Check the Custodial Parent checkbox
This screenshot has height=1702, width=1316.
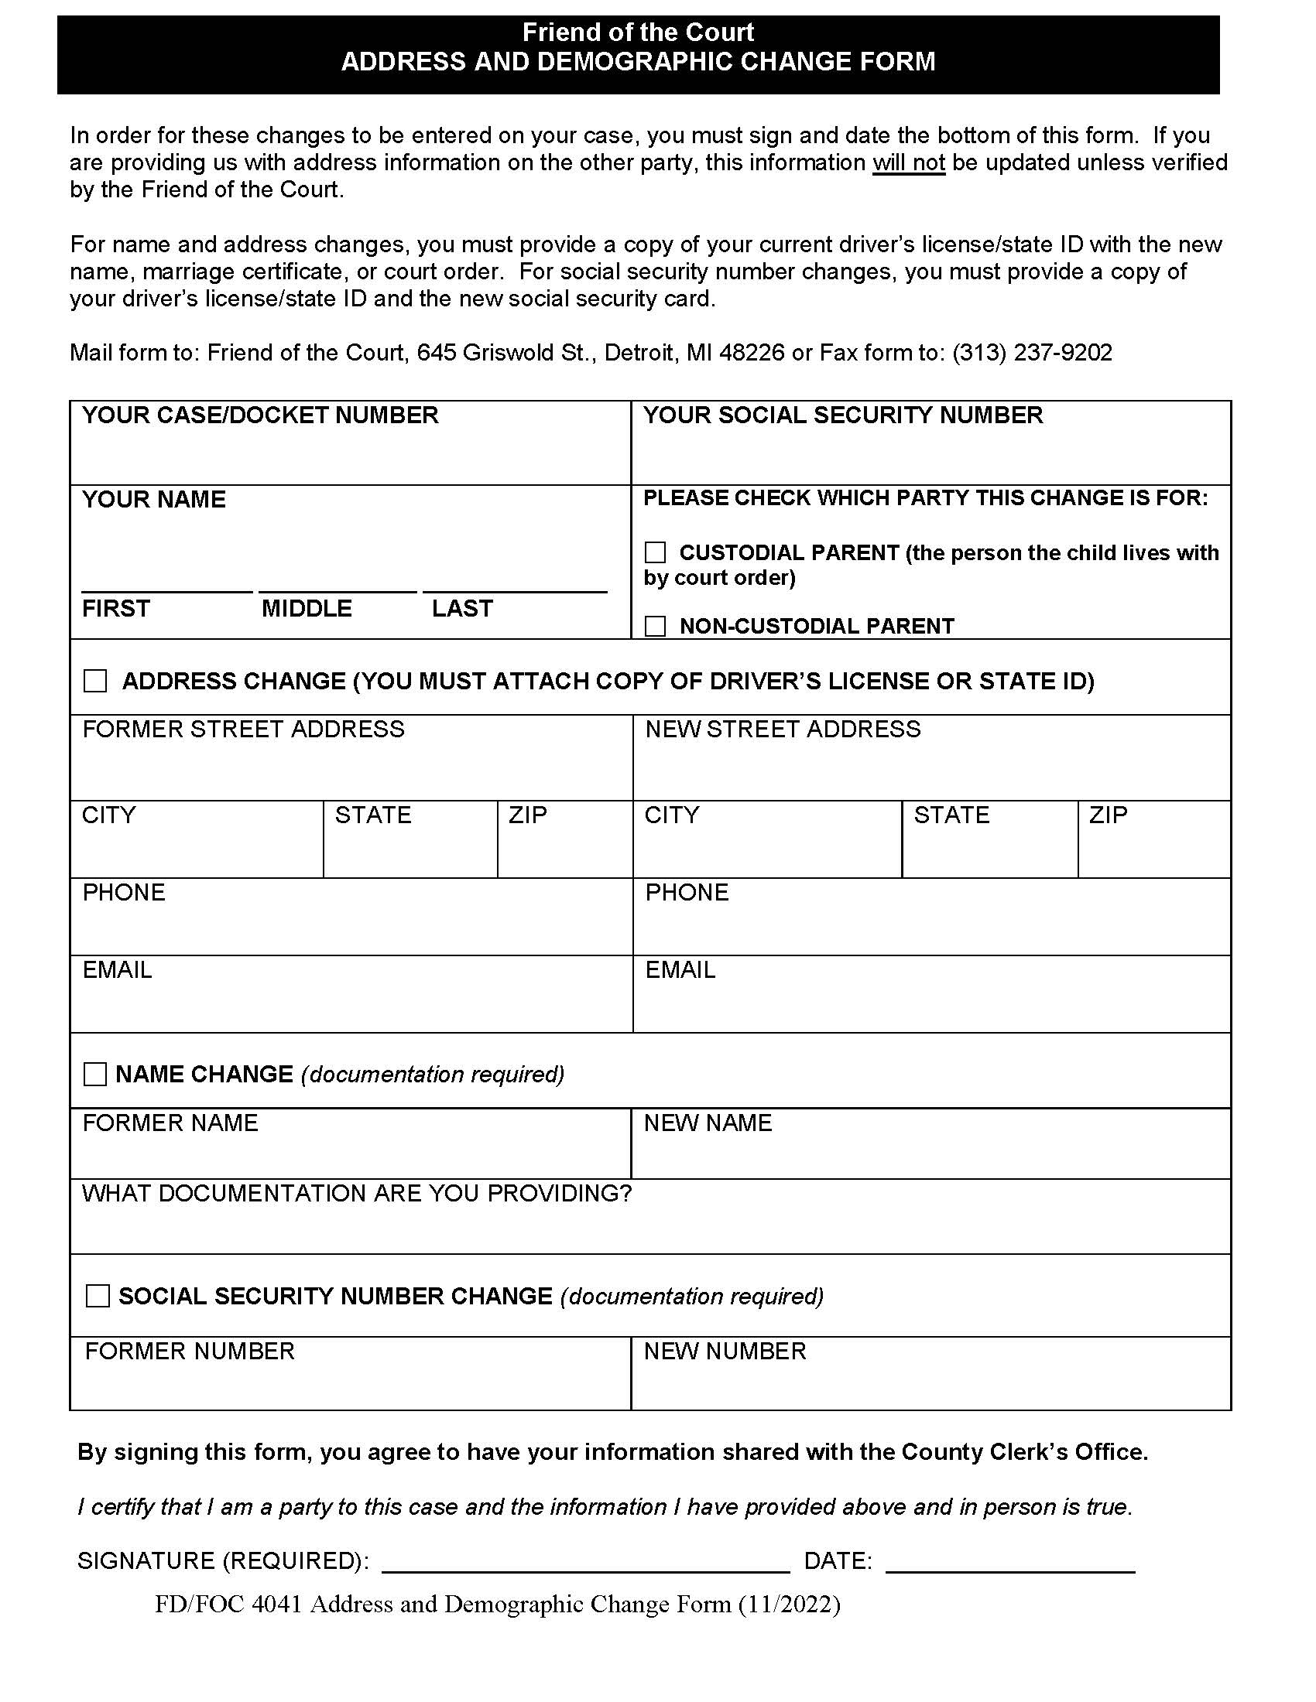point(655,552)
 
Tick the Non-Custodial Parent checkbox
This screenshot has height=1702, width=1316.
point(655,626)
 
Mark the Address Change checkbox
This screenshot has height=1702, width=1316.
point(95,681)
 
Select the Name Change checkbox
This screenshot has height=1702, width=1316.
point(95,1075)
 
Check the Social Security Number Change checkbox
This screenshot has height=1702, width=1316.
point(98,1296)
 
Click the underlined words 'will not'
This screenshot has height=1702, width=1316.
point(908,163)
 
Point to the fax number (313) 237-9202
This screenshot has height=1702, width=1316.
point(1031,353)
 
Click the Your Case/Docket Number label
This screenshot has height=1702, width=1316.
point(260,415)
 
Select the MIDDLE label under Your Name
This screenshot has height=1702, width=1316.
point(307,609)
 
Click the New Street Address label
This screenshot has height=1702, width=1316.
point(783,730)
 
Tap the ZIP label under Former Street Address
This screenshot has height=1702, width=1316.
point(528,815)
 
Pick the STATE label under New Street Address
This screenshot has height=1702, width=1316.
point(951,815)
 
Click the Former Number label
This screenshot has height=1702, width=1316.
point(190,1352)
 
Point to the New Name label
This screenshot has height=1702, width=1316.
point(707,1123)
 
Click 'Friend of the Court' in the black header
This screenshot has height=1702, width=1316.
point(638,32)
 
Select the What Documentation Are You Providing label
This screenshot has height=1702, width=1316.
point(356,1194)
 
